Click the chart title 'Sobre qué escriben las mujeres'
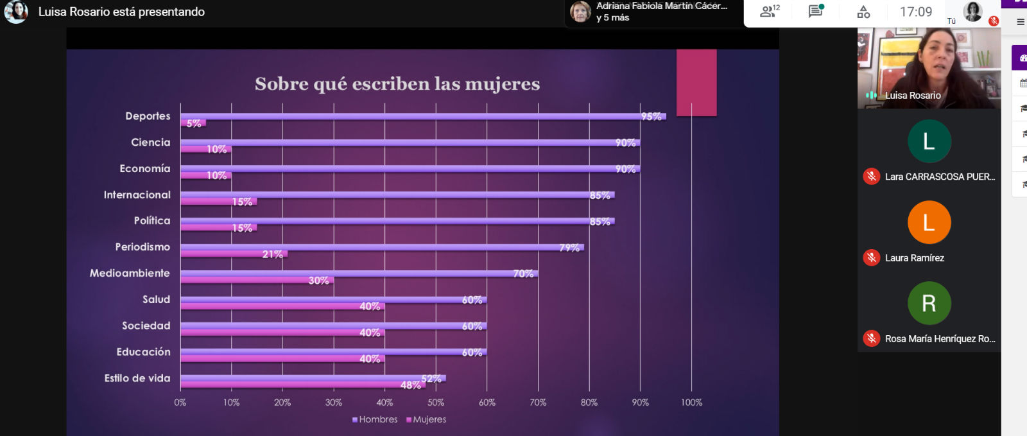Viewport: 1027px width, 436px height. click(397, 84)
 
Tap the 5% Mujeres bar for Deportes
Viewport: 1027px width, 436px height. click(193, 123)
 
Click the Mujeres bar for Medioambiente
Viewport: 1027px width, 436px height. click(257, 280)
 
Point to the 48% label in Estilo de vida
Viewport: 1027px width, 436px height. click(411, 385)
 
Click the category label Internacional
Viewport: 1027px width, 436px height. click(137, 195)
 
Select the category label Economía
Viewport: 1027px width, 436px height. click(145, 168)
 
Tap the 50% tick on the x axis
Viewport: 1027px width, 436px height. click(436, 403)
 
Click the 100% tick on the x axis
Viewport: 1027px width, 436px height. click(691, 403)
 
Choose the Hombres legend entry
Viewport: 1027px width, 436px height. click(375, 419)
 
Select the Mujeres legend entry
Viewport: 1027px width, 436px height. click(426, 419)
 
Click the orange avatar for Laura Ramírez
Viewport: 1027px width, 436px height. click(929, 222)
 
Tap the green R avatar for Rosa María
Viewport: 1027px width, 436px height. click(929, 303)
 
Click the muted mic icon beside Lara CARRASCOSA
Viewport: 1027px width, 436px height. click(871, 177)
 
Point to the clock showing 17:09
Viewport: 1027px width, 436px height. click(916, 12)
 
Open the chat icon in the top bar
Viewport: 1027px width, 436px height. click(816, 12)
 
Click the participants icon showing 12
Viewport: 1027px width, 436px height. click(768, 12)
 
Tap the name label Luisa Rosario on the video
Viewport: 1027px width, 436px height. click(913, 96)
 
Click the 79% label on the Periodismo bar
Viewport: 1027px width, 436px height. click(569, 248)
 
